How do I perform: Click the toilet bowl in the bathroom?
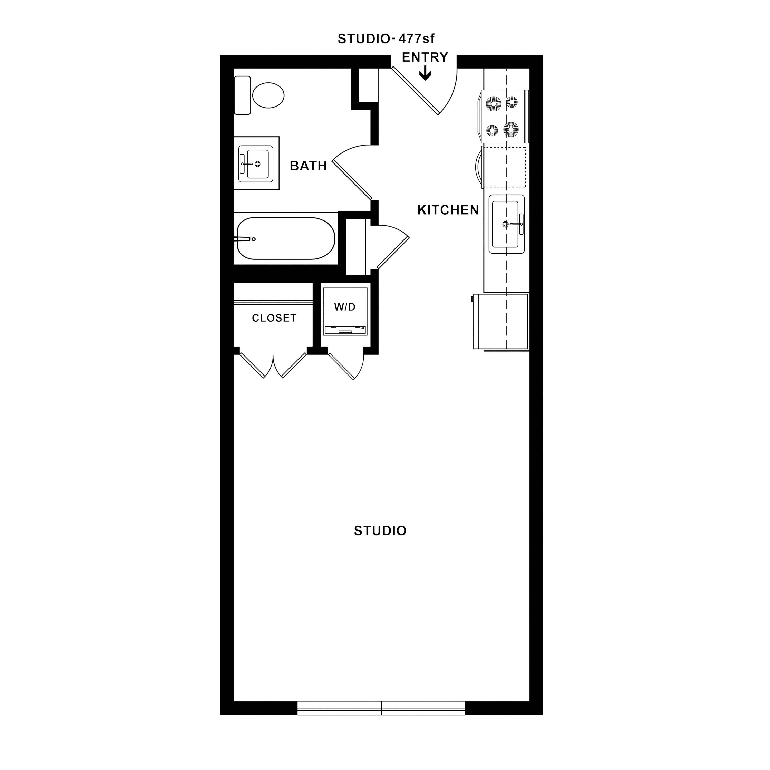[268, 95]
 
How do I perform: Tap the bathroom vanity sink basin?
[257, 164]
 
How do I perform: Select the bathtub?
[286, 238]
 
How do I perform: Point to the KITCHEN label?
[448, 210]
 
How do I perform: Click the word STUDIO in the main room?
[380, 531]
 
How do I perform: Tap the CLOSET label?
[274, 318]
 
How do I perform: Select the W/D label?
[345, 307]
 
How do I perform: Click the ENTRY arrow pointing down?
[425, 73]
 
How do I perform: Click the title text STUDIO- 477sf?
[386, 39]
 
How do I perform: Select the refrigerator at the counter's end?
[501, 321]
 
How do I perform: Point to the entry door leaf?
[415, 91]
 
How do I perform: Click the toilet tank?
[242, 95]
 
